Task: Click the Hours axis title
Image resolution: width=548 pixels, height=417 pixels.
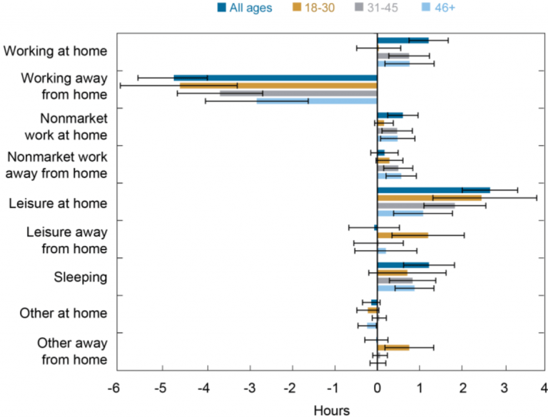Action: click(x=332, y=410)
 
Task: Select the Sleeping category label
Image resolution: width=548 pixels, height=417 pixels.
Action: click(x=81, y=277)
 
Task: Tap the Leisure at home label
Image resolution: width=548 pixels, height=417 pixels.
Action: click(x=58, y=203)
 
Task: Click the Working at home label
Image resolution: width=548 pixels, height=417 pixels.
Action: click(x=56, y=51)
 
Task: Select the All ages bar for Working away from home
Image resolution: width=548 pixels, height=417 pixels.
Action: click(x=275, y=78)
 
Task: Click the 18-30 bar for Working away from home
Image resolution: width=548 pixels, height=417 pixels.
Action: click(x=278, y=86)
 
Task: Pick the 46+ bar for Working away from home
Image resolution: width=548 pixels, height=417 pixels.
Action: click(x=317, y=101)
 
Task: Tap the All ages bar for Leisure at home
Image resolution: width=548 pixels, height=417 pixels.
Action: click(x=434, y=190)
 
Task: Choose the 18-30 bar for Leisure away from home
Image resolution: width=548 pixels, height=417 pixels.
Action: click(x=402, y=235)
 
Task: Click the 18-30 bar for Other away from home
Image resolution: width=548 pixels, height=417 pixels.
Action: click(x=393, y=347)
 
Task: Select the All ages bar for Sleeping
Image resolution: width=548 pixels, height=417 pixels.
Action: click(x=403, y=264)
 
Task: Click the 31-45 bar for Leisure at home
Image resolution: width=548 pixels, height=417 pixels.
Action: click(x=416, y=205)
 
